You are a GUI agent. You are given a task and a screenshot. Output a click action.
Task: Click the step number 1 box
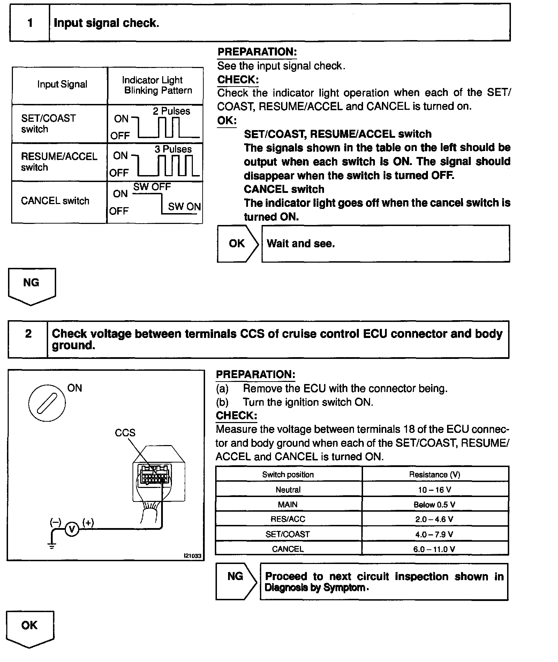point(30,23)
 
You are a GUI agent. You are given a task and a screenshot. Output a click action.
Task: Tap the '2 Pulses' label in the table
point(171,111)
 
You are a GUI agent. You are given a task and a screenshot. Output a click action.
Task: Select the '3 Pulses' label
point(173,149)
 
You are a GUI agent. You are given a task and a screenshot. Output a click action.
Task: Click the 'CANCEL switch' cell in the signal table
point(55,201)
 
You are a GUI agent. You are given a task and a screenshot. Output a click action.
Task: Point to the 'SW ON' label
point(184,206)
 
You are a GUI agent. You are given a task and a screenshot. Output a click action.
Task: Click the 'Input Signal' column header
point(62,84)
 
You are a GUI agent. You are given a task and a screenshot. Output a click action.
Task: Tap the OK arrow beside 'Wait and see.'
point(237,243)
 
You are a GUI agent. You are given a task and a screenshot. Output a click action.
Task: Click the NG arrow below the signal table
point(31,284)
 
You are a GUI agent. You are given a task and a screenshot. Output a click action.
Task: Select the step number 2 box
point(28,334)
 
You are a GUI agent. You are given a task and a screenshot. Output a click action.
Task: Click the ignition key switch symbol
point(47,403)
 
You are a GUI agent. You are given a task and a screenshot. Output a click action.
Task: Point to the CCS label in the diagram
point(125,433)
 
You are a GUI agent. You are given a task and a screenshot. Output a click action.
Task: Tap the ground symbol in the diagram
point(52,545)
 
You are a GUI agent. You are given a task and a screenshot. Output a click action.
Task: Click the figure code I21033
point(193,556)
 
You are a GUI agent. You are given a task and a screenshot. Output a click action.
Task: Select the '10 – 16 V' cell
point(435,490)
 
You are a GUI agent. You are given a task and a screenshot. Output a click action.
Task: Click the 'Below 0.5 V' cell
point(435,505)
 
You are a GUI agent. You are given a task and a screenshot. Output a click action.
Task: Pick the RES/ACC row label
point(288,519)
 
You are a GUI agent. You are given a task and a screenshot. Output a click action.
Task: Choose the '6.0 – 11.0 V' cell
point(435,549)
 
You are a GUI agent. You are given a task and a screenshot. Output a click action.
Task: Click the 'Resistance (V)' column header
point(435,475)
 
